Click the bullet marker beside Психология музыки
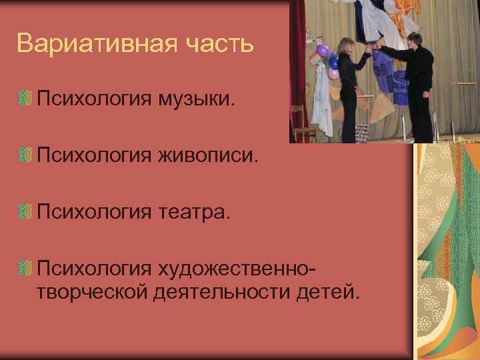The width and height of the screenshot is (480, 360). tap(25, 99)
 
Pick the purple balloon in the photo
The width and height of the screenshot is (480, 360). tap(323, 51)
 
